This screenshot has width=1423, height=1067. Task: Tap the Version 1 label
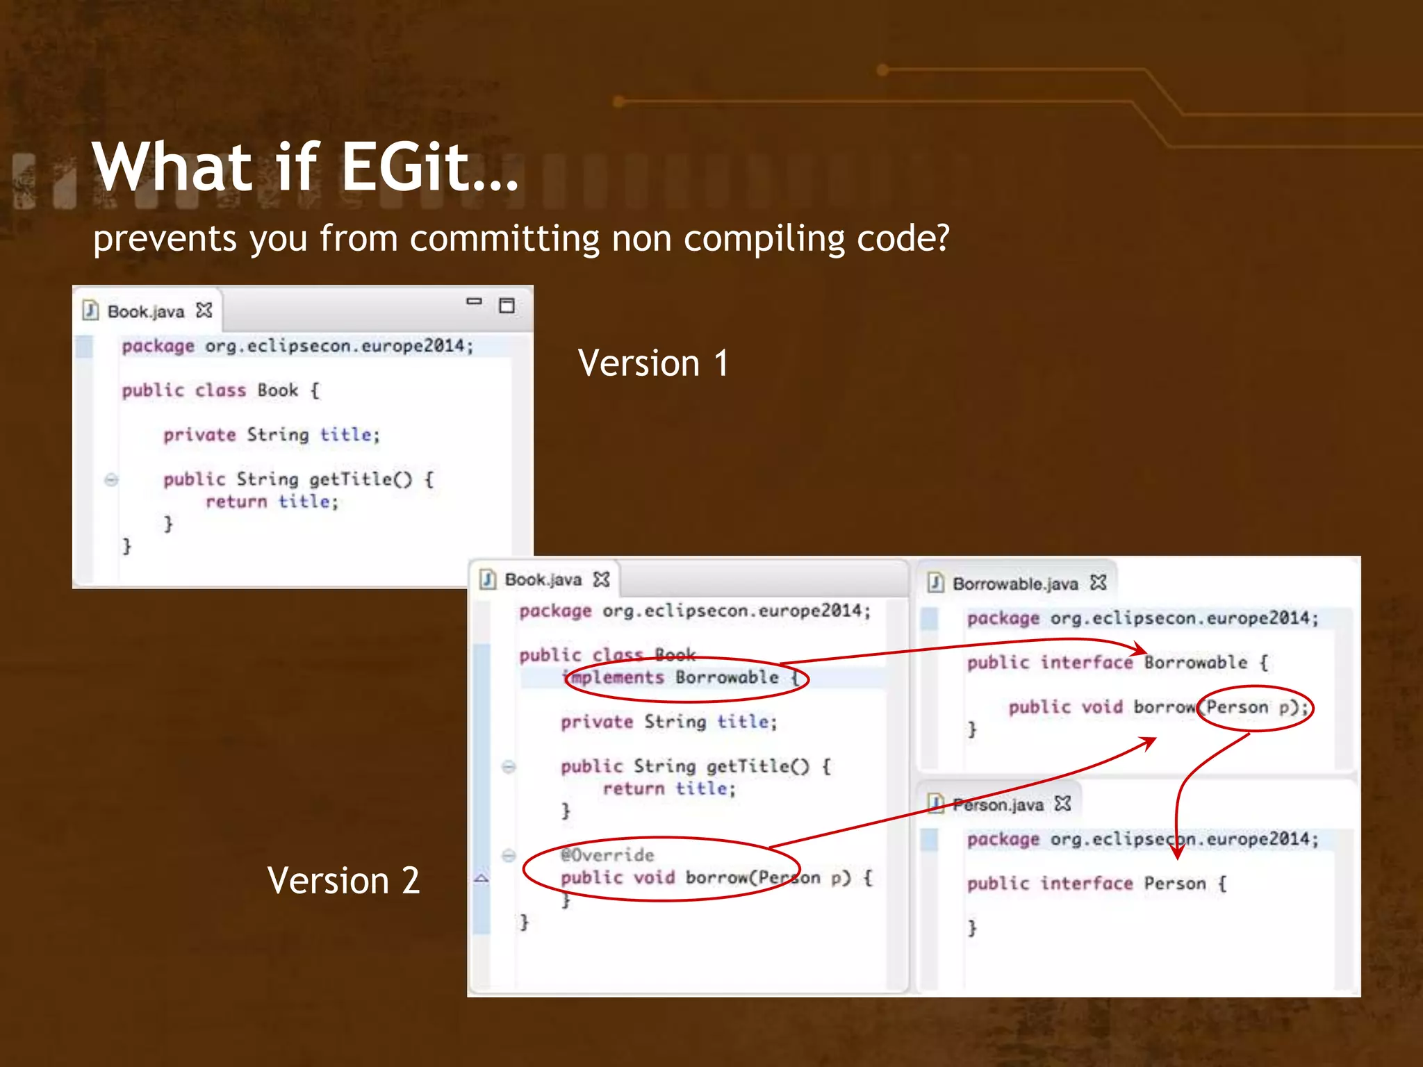point(653,363)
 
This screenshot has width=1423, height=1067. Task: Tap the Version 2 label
point(343,881)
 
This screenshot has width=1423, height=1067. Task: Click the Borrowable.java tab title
point(1014,584)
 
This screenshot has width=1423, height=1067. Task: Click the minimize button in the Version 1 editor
point(474,302)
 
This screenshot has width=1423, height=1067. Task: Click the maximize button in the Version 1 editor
point(507,306)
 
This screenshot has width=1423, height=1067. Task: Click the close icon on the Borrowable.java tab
point(1098,583)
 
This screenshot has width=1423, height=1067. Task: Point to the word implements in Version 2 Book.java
point(614,677)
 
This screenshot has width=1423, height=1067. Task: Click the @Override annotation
point(607,855)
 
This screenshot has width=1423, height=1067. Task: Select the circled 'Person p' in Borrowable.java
point(1256,708)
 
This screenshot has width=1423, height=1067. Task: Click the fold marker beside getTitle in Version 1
point(111,479)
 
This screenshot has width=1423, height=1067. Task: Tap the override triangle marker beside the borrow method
point(482,879)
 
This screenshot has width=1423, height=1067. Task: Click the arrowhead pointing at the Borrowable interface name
point(1140,650)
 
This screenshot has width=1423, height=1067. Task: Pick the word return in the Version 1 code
point(236,502)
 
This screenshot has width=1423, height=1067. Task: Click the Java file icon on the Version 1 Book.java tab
point(90,310)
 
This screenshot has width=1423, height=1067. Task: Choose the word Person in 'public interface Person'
point(1174,884)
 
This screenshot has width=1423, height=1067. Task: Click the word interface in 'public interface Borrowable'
point(1086,663)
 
